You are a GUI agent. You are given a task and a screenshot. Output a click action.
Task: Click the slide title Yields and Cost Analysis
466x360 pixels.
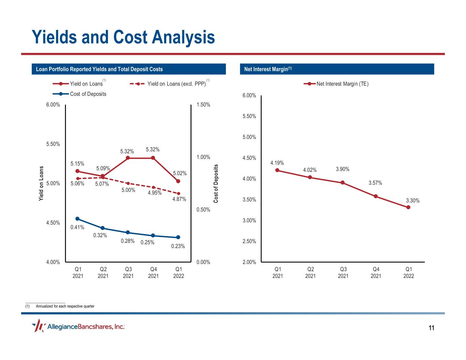tap(123, 37)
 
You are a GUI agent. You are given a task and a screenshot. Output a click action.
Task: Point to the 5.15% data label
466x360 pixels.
tap(77, 164)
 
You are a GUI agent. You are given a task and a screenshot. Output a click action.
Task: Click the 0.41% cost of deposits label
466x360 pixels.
tap(77, 227)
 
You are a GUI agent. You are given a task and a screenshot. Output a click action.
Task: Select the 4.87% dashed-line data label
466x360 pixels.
tap(179, 199)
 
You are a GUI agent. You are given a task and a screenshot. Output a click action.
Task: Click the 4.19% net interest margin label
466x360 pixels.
tap(277, 163)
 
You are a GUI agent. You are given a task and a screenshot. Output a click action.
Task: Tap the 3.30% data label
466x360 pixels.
tap(412, 201)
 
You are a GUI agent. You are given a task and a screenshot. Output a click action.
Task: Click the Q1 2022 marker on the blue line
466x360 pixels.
tap(178, 237)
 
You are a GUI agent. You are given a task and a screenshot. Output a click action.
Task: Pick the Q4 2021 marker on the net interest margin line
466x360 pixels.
tap(376, 196)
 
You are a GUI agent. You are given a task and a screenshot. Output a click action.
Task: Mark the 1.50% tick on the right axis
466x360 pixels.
tap(203, 105)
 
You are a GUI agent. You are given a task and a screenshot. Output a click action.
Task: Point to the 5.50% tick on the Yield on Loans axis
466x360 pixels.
tap(53, 144)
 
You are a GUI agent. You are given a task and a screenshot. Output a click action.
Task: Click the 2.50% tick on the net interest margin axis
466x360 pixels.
tap(249, 241)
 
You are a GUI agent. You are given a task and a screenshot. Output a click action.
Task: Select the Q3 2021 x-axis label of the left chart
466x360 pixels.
tap(128, 272)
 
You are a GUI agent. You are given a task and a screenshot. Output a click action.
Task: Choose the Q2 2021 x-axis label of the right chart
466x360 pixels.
tap(310, 272)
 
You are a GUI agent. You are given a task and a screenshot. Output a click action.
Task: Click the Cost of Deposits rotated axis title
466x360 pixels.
tap(216, 184)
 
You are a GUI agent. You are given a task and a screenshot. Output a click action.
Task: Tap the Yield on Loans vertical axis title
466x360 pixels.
tap(41, 184)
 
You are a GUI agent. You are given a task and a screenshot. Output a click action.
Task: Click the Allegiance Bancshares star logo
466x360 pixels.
tap(38, 326)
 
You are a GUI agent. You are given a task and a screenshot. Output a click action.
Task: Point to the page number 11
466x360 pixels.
tap(432, 328)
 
